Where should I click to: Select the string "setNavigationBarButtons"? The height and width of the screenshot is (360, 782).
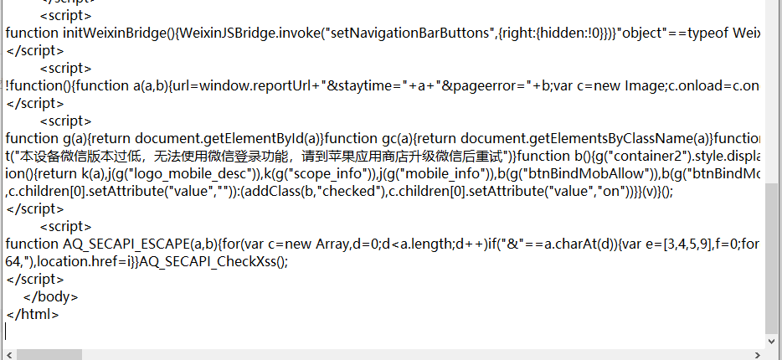point(397,33)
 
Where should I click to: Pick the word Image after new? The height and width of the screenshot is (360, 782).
point(645,85)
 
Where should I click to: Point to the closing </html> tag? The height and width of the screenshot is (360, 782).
point(32,314)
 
